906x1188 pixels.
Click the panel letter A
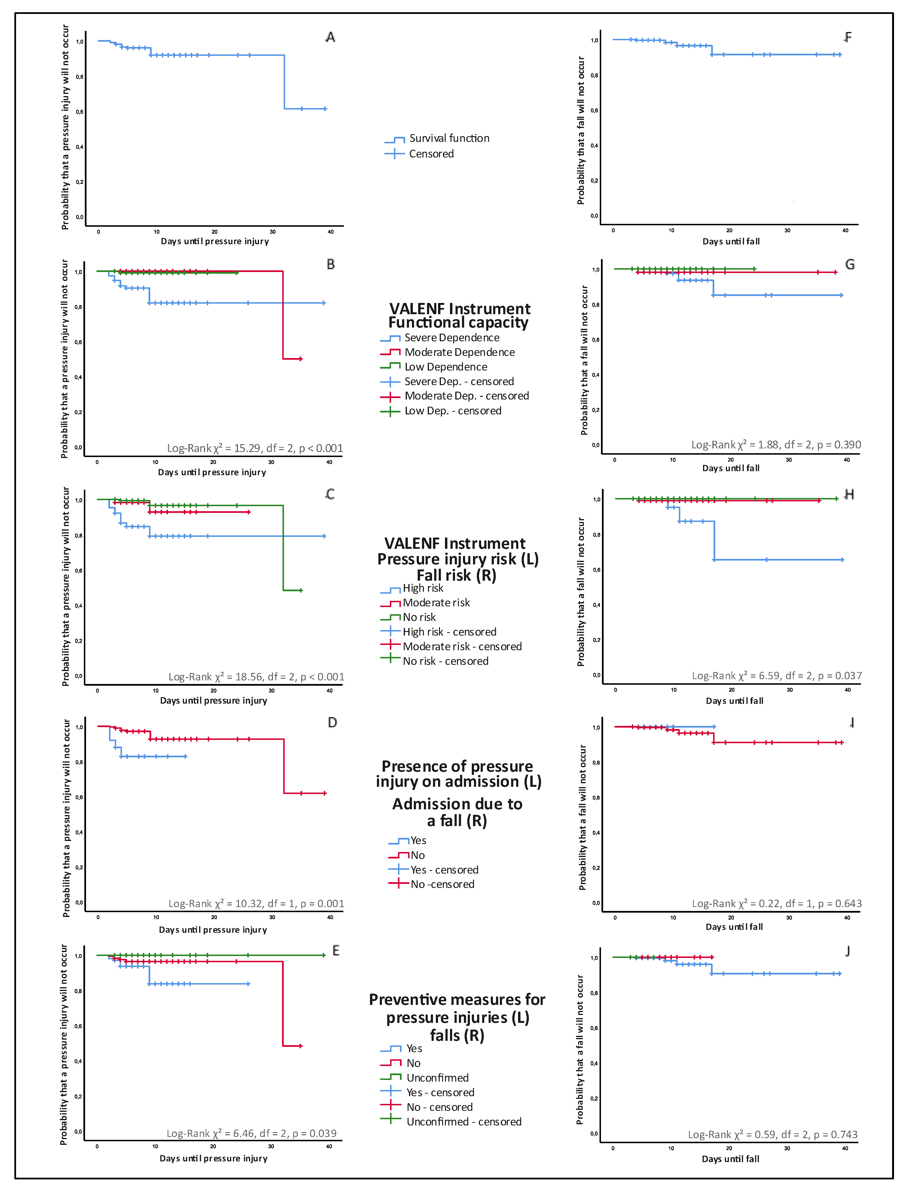pyautogui.click(x=330, y=37)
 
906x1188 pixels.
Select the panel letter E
pyautogui.click(x=335, y=951)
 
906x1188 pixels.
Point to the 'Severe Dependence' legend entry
pyautogui.click(x=451, y=338)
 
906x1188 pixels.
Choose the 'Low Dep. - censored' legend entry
pyautogui.click(x=452, y=411)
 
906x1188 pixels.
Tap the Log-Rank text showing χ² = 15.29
pyautogui.click(x=254, y=448)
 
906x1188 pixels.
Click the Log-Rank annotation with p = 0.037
pyautogui.click(x=777, y=676)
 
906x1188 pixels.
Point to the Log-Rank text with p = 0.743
pyautogui.click(x=772, y=1135)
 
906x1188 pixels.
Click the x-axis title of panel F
pyautogui.click(x=731, y=242)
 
